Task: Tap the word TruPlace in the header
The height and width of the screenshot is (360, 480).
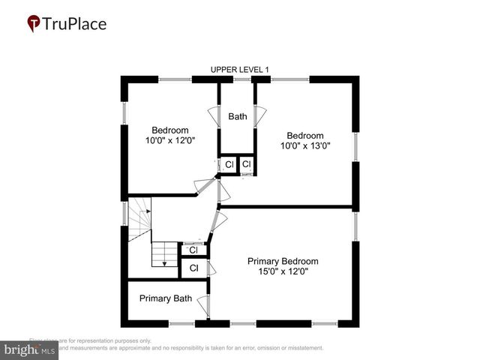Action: tap(75, 24)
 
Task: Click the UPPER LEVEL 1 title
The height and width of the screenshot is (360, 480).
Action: tap(238, 70)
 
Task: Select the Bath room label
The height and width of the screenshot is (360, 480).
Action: tap(238, 116)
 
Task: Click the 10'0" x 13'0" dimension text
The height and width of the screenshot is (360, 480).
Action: tap(306, 145)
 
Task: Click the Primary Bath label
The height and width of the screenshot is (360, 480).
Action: tap(165, 298)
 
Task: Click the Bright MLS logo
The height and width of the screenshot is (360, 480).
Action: tap(28, 349)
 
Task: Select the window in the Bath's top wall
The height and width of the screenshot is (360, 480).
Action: tap(241, 79)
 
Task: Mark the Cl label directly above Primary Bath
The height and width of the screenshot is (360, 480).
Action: tap(193, 268)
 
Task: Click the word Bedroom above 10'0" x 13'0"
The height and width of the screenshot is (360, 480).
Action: tap(306, 136)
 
